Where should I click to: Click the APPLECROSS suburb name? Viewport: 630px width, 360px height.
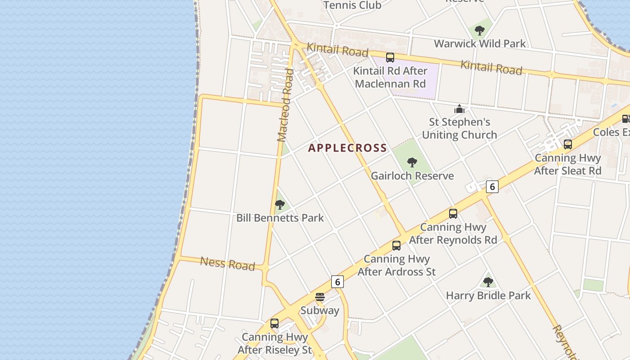[347, 148]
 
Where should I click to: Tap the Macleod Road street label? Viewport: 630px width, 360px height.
[286, 105]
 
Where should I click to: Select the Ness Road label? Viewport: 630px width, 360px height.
[227, 263]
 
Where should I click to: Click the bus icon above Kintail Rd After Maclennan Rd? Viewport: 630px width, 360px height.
[390, 58]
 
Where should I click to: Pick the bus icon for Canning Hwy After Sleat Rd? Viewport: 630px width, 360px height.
[568, 144]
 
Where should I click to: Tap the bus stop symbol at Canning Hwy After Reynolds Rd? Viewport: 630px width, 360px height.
[453, 214]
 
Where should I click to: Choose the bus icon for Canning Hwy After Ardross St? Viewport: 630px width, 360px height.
[396, 246]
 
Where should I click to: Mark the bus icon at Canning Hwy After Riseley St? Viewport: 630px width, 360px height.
[274, 324]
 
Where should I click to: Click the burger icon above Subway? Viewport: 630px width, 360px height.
[320, 297]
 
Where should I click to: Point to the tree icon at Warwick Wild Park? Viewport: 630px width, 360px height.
[480, 31]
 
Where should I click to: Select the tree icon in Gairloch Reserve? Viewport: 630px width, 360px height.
[412, 162]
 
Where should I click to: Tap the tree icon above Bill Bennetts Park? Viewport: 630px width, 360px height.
[280, 205]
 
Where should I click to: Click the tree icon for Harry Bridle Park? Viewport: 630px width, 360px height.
[488, 282]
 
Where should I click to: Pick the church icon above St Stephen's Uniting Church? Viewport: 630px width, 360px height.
[459, 109]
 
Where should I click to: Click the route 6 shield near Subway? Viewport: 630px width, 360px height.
[337, 282]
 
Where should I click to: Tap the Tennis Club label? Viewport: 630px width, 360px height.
[352, 5]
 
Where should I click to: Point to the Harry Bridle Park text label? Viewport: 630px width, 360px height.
[488, 296]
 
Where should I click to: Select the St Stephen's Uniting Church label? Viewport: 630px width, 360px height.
[459, 128]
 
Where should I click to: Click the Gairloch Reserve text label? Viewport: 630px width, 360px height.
[412, 176]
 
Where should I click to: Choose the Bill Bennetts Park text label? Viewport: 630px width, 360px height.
[280, 218]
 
